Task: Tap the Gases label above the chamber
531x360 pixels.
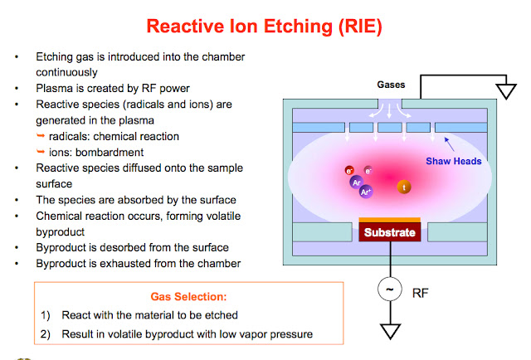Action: click(x=391, y=85)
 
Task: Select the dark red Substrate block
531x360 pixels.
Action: click(x=389, y=233)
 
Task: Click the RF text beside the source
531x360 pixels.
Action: click(x=421, y=291)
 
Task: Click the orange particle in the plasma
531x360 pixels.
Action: click(x=404, y=187)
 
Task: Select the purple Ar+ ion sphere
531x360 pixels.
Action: click(x=365, y=192)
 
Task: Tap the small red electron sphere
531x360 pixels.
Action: click(x=350, y=172)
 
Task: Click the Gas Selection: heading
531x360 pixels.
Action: click(x=188, y=296)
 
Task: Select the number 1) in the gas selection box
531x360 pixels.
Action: click(x=46, y=315)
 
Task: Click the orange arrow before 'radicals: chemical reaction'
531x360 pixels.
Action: click(x=40, y=136)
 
